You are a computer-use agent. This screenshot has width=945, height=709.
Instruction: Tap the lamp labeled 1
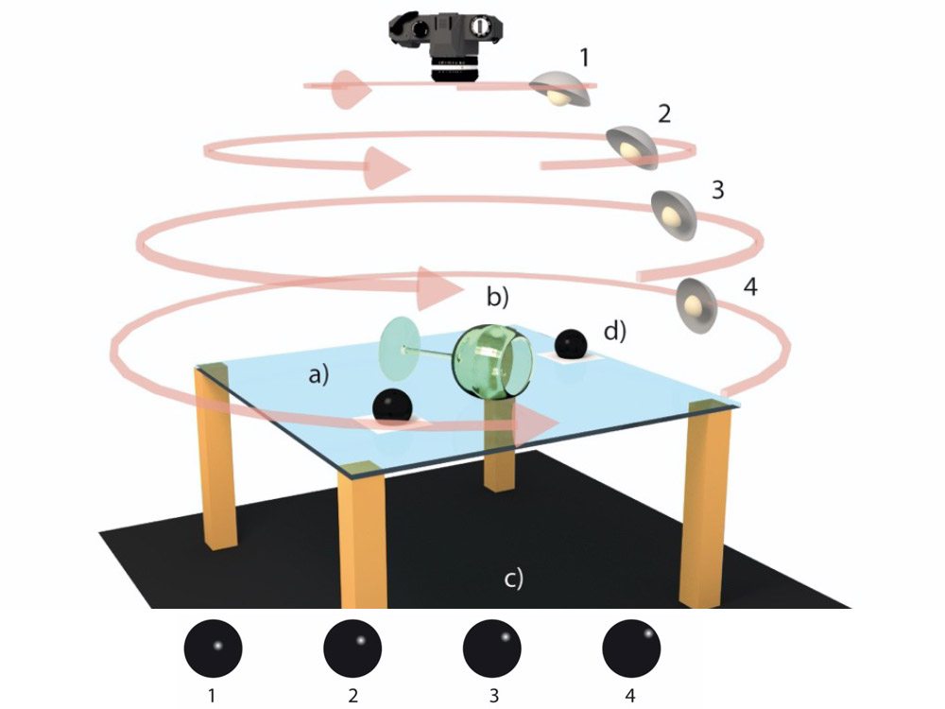coord(558,90)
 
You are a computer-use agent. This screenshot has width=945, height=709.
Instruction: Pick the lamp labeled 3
coord(675,215)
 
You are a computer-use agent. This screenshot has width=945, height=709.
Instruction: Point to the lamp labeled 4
coord(696,305)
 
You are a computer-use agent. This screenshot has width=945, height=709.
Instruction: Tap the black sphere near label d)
coord(569,343)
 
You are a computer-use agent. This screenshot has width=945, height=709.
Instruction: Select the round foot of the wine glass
coord(400,347)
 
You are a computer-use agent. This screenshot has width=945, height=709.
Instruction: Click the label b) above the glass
coord(497,296)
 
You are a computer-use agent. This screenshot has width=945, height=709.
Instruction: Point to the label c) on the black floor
coord(512,577)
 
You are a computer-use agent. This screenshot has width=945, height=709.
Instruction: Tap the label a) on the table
coord(322,375)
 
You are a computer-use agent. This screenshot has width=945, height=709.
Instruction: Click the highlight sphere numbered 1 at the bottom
coord(213,648)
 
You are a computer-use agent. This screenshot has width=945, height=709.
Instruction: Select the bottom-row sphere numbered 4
coord(631,648)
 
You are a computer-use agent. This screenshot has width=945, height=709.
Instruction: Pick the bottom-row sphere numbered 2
coord(352,648)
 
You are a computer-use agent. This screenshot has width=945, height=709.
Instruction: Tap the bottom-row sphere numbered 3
coord(491,648)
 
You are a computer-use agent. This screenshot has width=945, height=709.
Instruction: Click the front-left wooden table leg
coord(364,539)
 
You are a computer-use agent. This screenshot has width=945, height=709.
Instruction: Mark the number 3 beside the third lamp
coord(717,190)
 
